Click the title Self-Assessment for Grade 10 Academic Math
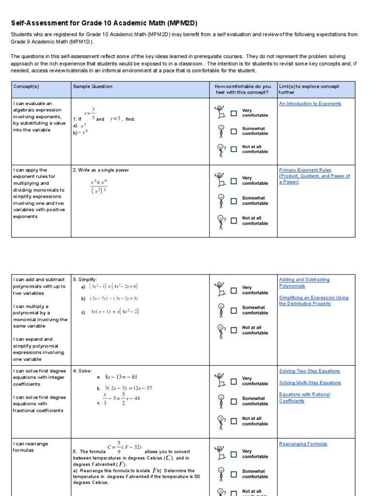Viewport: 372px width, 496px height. [104, 23]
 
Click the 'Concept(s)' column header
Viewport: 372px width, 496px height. [23, 86]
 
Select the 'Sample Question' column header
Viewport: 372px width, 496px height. [93, 86]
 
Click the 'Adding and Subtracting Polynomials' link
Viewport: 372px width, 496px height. [304, 282]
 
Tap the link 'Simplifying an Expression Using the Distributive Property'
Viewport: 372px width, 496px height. [313, 301]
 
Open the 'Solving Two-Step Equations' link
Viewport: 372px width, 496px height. [310, 371]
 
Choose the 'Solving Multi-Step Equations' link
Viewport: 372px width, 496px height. [310, 383]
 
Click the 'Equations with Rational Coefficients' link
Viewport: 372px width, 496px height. [304, 398]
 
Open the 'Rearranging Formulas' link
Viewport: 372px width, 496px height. [303, 444]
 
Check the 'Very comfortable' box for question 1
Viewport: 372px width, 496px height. [234, 113]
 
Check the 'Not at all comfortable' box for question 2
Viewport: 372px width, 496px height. [234, 220]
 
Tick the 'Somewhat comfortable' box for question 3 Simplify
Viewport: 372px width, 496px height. [234, 310]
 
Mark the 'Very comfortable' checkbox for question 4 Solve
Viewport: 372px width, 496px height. [234, 381]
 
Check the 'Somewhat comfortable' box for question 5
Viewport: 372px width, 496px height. [234, 474]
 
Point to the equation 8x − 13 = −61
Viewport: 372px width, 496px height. [121, 377]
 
